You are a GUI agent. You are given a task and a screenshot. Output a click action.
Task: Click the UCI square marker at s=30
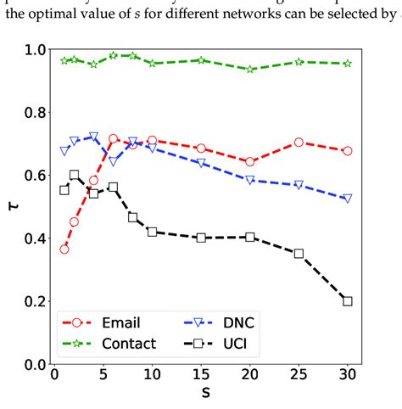[x=347, y=300]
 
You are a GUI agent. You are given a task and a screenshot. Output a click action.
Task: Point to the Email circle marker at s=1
[x=64, y=249]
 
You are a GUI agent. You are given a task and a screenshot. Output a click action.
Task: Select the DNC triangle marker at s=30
[x=347, y=199]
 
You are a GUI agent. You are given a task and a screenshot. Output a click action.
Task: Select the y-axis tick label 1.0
[x=32, y=50]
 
